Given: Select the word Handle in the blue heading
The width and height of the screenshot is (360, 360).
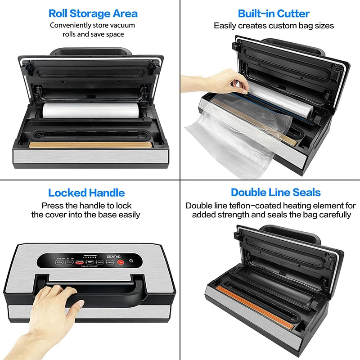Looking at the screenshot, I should (108, 193).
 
